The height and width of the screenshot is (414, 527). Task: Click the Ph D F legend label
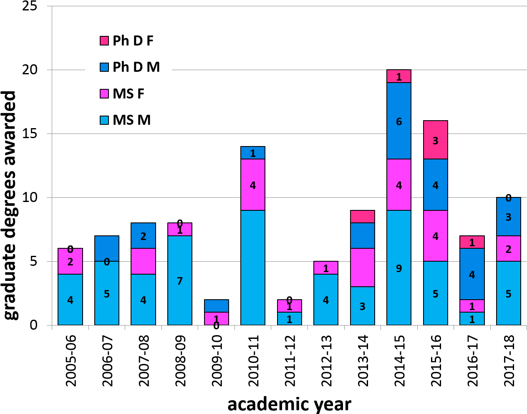coord(133,41)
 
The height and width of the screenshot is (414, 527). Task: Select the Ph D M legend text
coord(136,67)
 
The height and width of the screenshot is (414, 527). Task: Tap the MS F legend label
coord(128,94)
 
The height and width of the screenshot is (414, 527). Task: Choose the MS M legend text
coord(131,120)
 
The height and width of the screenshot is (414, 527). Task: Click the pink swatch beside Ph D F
coord(104,41)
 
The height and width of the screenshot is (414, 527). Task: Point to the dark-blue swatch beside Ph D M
coord(104,67)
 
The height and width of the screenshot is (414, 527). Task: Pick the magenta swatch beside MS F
coord(104,94)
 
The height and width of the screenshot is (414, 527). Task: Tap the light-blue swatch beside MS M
coord(104,120)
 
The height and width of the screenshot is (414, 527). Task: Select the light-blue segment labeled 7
coord(180,280)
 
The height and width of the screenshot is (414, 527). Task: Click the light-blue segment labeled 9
coord(399,268)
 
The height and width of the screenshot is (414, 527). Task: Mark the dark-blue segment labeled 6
coord(399,121)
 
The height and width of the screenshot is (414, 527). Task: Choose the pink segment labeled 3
coord(436,140)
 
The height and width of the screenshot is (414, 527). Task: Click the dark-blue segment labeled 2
coord(143,236)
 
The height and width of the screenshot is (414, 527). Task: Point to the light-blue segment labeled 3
coord(363,306)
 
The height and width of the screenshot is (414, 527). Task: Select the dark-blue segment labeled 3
coord(509,217)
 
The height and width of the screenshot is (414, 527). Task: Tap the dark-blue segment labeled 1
coord(253,153)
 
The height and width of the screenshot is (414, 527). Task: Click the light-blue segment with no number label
coord(253,268)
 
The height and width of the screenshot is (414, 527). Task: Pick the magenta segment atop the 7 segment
coord(180,230)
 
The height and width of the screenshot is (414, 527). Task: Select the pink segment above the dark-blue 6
coord(399,76)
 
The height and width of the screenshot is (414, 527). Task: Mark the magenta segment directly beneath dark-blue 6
coord(399,185)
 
